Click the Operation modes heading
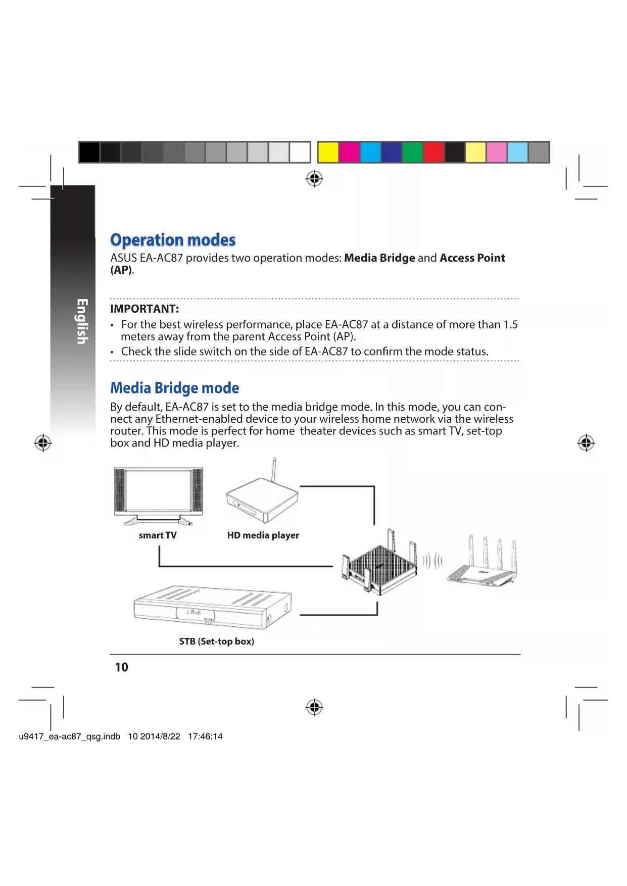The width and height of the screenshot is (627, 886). pyautogui.click(x=173, y=240)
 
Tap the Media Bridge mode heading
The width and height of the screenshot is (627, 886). pyautogui.click(x=174, y=388)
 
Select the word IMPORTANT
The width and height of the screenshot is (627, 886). pyautogui.click(x=144, y=309)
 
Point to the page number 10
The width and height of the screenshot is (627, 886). pyautogui.click(x=121, y=667)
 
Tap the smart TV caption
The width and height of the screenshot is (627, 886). pyautogui.click(x=158, y=535)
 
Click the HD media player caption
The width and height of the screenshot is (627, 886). pyautogui.click(x=263, y=535)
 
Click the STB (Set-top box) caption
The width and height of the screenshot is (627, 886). pyautogui.click(x=216, y=642)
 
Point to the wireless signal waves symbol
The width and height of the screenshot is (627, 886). pyautogui.click(x=432, y=561)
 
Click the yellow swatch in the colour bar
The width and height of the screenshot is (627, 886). pyautogui.click(x=328, y=152)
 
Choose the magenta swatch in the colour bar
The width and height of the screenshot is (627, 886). pyautogui.click(x=349, y=152)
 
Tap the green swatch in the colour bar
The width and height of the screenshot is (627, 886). pyautogui.click(x=412, y=152)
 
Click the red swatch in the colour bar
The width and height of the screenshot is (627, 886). pyautogui.click(x=433, y=152)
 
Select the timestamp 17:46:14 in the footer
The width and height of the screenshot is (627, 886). pyautogui.click(x=205, y=736)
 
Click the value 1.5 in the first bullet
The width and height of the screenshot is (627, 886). pyautogui.click(x=510, y=325)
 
